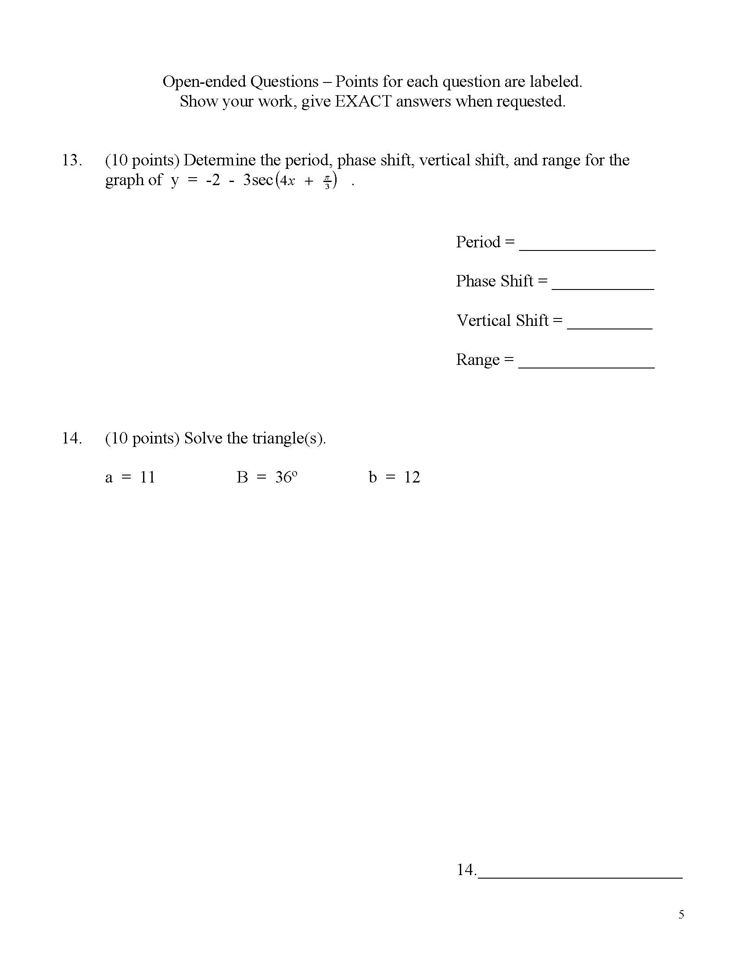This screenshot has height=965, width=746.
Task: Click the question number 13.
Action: [x=72, y=160]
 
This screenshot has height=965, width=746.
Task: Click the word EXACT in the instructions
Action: [x=363, y=102]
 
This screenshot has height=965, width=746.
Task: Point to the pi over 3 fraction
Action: [x=327, y=182]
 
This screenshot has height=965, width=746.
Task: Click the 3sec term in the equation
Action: [x=258, y=180]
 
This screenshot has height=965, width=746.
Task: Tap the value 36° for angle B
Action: [x=286, y=477]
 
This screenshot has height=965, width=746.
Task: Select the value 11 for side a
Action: [x=147, y=477]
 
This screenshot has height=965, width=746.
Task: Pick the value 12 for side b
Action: [x=412, y=477]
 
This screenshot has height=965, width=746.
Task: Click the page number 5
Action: [x=681, y=914]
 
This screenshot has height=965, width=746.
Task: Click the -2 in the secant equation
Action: [x=212, y=180]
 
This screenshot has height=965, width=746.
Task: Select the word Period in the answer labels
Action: [x=478, y=242]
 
